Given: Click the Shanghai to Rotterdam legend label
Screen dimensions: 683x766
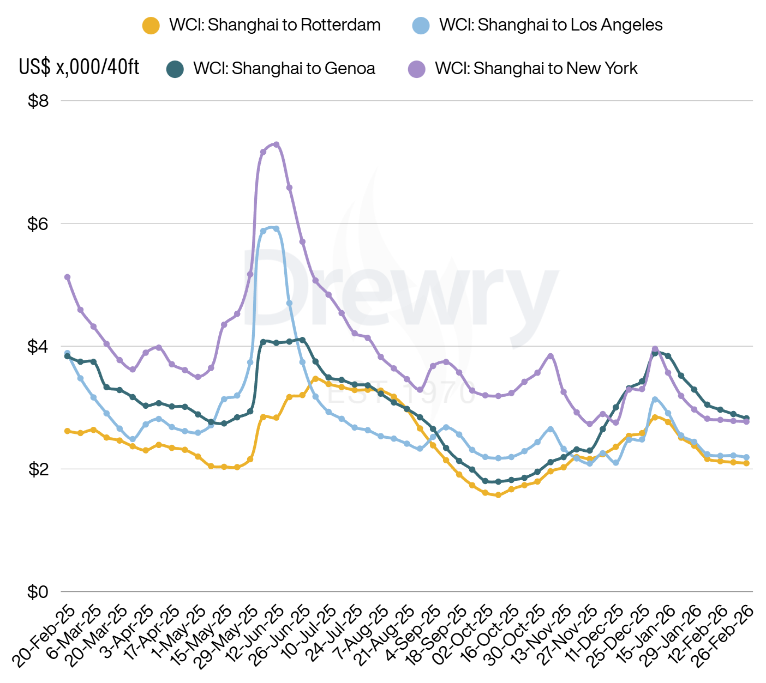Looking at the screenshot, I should click(x=274, y=25).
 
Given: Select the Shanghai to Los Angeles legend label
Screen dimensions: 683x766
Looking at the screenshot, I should click(x=550, y=25).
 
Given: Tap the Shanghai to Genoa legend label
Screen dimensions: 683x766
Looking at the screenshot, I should click(x=284, y=69).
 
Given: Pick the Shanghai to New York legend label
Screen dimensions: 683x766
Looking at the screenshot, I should click(x=536, y=69).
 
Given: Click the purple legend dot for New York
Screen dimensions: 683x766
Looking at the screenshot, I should click(x=417, y=69).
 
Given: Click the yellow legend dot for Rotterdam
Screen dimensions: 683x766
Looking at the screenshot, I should click(x=151, y=26).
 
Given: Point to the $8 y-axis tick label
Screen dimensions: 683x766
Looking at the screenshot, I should click(x=38, y=101).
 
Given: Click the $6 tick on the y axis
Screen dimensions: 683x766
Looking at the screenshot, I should click(x=38, y=223).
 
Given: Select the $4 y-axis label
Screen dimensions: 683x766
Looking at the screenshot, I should click(x=38, y=346).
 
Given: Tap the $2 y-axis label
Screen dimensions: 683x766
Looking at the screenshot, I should click(x=38, y=469).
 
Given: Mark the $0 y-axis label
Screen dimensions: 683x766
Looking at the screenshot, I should click(x=38, y=591).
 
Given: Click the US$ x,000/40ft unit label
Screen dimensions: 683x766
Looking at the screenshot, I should click(x=79, y=67).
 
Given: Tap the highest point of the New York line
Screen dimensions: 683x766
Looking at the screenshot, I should click(x=277, y=144).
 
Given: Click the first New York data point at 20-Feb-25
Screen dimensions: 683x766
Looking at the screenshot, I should click(x=68, y=277).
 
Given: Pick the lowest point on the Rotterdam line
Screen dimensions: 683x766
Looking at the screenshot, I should click(x=498, y=495).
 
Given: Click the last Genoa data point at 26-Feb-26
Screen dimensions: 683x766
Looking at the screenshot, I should click(x=746, y=418).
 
